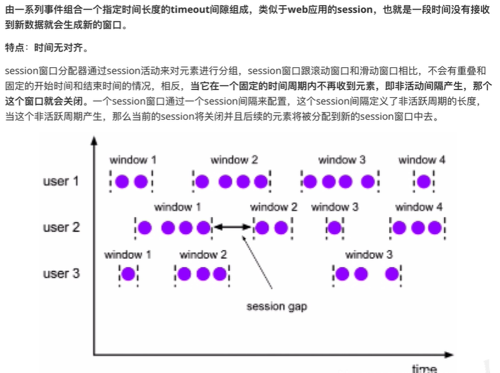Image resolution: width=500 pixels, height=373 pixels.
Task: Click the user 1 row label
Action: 60,181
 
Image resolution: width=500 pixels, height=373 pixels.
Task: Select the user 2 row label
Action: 61,227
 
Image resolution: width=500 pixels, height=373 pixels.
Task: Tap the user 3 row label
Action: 61,274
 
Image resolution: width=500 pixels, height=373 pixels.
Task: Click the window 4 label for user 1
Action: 421,160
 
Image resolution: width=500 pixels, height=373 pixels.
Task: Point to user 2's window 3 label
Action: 334,207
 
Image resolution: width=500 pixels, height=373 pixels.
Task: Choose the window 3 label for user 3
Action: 369,254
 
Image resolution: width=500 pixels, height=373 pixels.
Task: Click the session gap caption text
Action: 277,307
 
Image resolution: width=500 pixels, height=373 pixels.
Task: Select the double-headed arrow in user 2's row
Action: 232,227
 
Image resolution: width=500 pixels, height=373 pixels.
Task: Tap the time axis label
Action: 423,368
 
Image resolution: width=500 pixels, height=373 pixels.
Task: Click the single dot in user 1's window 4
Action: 424,182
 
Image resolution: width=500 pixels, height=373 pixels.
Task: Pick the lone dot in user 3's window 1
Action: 128,274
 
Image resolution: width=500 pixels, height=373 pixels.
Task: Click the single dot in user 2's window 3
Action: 334,228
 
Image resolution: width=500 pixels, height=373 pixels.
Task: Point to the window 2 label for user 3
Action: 202,254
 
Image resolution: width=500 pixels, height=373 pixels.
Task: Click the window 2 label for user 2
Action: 273,207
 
